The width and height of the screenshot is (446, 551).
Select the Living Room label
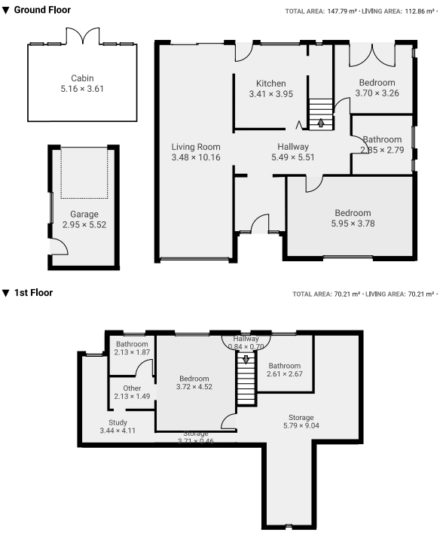point(196,147)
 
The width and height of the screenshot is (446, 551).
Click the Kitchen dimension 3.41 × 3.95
point(270,94)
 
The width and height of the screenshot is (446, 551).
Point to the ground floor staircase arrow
point(322,123)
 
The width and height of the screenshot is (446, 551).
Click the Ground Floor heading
point(42,11)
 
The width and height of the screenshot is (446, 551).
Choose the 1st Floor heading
point(33,293)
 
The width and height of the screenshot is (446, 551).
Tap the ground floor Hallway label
point(292,147)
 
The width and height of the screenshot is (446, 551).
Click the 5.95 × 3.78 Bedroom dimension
point(353,224)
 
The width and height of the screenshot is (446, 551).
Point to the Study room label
point(118,422)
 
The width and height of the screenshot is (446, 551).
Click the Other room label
point(132,388)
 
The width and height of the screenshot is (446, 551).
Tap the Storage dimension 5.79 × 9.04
point(301,426)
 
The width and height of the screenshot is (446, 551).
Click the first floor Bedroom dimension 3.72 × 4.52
point(194,387)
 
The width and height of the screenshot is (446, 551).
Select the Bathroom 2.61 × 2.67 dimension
point(285,374)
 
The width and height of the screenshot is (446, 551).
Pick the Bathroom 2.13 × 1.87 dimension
point(132,352)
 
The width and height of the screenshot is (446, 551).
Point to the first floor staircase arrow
point(245,360)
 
